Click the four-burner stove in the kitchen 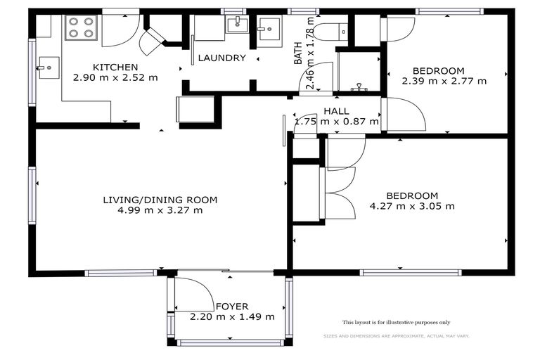pos(80,27)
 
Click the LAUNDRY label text pos(221,58)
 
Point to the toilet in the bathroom pos(331,31)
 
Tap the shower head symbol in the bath pos(360,87)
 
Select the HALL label pos(336,111)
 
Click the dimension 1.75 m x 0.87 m pos(336,122)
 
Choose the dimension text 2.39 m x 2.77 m pos(444,81)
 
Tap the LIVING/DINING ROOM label pos(160,200)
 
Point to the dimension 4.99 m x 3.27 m pos(160,210)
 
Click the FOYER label pos(232,307)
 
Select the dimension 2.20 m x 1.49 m pos(232,317)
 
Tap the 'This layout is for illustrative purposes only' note pos(396,322)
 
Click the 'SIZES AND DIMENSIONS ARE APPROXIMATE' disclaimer pos(396,336)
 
